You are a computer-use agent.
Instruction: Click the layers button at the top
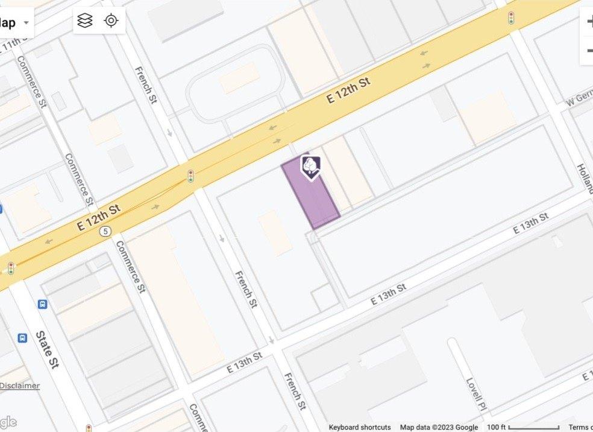click(x=86, y=21)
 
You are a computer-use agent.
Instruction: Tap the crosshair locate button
click(x=111, y=21)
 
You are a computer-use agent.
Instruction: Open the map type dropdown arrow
click(x=26, y=24)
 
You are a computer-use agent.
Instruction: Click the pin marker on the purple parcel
click(x=310, y=167)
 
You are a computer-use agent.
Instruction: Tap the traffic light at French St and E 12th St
click(x=190, y=176)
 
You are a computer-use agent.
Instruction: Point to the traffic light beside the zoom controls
click(x=511, y=18)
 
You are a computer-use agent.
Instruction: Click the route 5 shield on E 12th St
click(x=106, y=231)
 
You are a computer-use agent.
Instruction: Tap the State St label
click(x=46, y=349)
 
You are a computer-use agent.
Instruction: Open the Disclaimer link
click(x=20, y=386)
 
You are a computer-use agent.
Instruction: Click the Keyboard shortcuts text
click(x=360, y=427)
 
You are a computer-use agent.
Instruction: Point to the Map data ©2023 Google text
click(x=439, y=427)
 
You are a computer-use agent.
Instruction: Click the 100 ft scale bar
click(x=523, y=427)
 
